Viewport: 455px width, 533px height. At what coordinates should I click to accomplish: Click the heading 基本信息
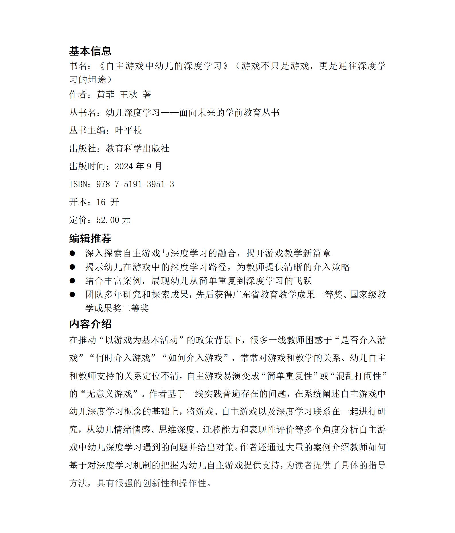tap(90, 51)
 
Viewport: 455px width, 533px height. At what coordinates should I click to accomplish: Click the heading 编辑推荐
tap(90, 238)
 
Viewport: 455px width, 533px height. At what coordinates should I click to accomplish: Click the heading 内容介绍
tap(90, 324)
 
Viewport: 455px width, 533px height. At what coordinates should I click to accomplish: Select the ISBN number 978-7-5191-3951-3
tap(135, 184)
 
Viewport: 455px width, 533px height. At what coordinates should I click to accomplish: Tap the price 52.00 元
tap(113, 220)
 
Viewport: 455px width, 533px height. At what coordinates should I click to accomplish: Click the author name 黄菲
tap(106, 95)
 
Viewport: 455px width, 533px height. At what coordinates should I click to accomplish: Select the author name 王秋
tap(128, 95)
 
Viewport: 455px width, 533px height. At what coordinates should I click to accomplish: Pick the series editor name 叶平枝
tap(128, 130)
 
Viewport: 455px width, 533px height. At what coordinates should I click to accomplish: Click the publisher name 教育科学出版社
tap(138, 148)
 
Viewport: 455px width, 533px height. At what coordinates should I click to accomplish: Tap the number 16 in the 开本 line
tap(101, 202)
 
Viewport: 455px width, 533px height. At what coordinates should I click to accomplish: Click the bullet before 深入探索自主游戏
tap(72, 253)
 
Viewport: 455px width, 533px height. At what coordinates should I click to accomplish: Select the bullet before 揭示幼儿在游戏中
tap(72, 267)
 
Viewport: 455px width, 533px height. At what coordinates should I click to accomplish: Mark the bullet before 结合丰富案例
tap(72, 281)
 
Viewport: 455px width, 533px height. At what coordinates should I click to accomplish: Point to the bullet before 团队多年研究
tap(72, 295)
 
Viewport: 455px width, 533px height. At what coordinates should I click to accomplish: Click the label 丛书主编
tap(87, 130)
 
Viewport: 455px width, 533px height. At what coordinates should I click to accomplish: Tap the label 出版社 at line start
tap(83, 148)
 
